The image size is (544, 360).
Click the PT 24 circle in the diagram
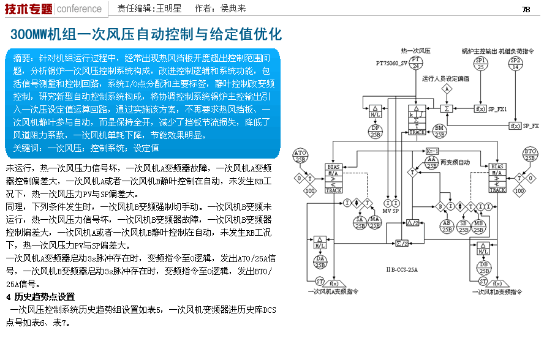pos(417,64)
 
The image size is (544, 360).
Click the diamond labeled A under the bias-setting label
pos(447,89)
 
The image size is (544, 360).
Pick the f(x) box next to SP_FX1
pos(481,109)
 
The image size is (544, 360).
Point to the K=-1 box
pos(433,151)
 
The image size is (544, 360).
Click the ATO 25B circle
pos(300,155)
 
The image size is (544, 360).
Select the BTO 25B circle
pos(530,155)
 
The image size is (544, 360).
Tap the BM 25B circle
pos(439,130)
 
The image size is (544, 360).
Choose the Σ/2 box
pos(402,243)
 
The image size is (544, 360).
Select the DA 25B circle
pos(320,262)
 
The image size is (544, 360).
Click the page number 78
pos(526,9)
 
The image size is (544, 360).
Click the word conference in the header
pos(80,9)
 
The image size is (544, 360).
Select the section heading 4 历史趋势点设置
pos(40,297)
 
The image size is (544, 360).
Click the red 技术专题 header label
pos(28,9)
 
